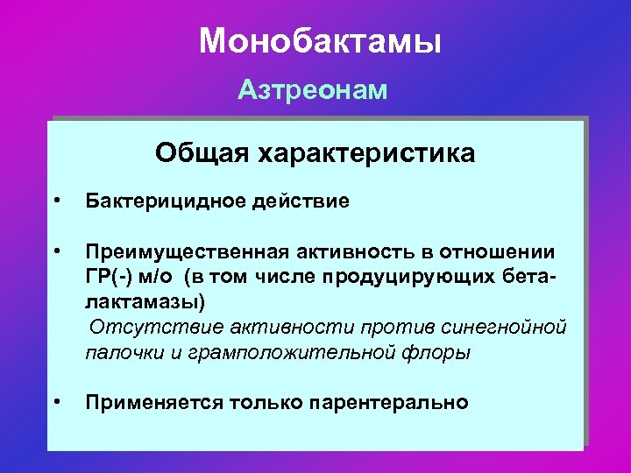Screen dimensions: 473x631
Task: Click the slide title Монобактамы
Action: pos(320,41)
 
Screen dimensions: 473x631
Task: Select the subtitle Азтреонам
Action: pos(313,91)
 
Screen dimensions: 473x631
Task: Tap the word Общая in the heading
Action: pos(202,153)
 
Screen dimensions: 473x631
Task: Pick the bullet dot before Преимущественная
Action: pos(56,251)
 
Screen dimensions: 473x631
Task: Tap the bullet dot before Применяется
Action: pos(56,402)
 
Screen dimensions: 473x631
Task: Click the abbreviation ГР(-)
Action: pos(110,278)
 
